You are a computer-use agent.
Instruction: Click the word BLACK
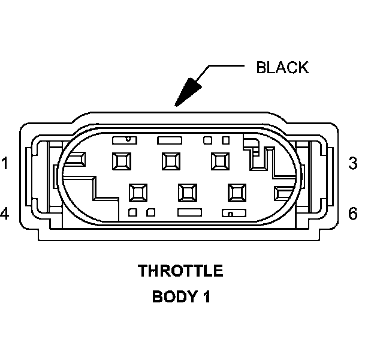[282, 67]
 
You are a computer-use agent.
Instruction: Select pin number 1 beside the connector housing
[5, 163]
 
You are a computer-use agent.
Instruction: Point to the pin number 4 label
[5, 213]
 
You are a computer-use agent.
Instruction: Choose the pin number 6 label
[352, 213]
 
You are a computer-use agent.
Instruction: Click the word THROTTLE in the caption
[181, 271]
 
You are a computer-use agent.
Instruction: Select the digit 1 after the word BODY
[206, 296]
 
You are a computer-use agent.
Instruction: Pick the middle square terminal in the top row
[170, 161]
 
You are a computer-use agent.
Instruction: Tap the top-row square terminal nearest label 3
[219, 161]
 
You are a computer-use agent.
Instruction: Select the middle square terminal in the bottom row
[188, 192]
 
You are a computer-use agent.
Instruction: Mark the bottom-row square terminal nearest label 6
[237, 192]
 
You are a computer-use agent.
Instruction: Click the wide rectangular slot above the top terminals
[168, 140]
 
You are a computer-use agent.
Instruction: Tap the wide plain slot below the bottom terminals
[189, 212]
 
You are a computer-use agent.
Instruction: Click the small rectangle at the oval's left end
[78, 158]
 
